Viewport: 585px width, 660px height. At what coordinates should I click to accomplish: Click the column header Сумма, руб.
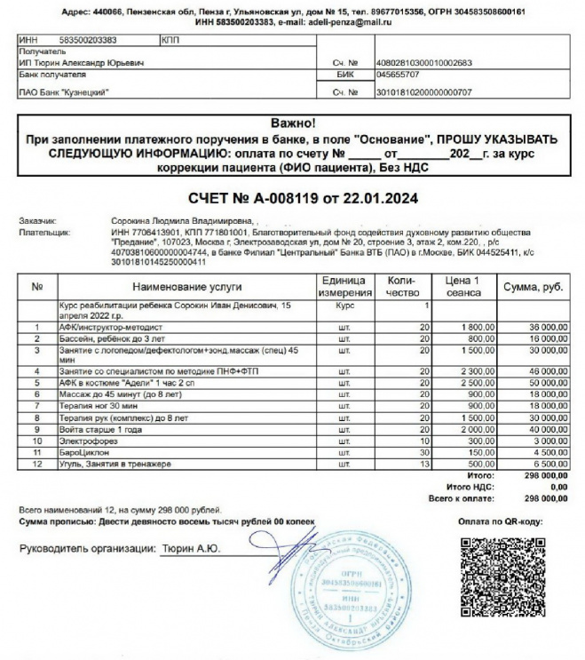tap(534, 287)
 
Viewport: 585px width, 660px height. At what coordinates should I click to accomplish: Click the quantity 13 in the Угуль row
tap(423, 464)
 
